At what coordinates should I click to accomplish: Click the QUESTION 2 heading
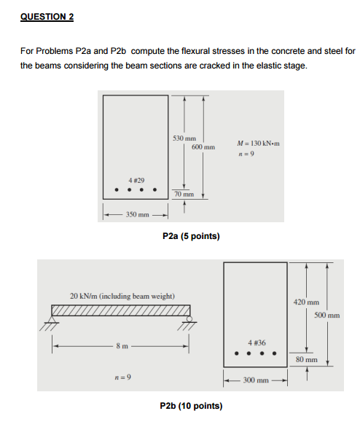tap(47, 17)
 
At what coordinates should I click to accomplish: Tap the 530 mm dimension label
tap(184, 138)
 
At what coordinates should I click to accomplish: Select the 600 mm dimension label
tap(203, 147)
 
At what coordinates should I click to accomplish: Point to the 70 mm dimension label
tap(184, 194)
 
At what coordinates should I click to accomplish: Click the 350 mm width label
tap(138, 214)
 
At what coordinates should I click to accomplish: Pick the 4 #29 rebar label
tap(136, 180)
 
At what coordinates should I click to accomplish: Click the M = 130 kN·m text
tap(258, 144)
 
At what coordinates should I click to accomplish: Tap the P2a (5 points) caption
tap(191, 236)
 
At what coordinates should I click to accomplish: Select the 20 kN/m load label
tap(122, 296)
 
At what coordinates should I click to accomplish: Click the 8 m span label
tap(122, 346)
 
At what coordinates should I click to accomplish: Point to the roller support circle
tap(189, 318)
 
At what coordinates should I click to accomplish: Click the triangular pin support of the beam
tap(52, 319)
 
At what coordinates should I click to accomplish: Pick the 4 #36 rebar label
tap(257, 342)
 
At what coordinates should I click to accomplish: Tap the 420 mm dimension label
tap(306, 302)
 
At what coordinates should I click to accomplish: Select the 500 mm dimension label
tap(327, 316)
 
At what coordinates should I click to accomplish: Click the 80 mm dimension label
tap(307, 360)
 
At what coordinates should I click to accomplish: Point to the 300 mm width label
tap(256, 380)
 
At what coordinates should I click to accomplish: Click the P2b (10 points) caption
tap(191, 406)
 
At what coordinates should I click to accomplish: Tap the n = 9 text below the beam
tap(123, 377)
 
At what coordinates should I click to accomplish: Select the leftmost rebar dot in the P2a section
tap(117, 189)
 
